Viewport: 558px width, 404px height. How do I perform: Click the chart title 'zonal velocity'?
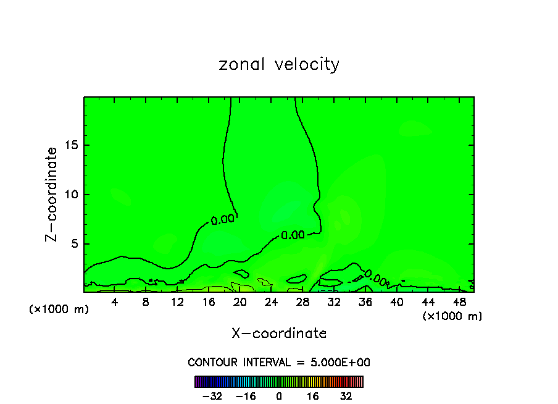click(279, 64)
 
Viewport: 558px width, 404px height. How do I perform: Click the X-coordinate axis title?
click(279, 333)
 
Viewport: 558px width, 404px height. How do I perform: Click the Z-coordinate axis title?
click(52, 194)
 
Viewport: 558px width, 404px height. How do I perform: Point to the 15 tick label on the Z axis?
click(71, 145)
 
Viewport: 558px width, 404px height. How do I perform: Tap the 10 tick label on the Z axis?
click(71, 195)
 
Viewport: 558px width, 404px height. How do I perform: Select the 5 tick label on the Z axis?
click(74, 244)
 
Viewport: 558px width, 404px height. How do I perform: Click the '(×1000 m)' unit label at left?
click(59, 309)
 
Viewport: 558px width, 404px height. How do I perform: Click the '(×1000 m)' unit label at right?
click(452, 316)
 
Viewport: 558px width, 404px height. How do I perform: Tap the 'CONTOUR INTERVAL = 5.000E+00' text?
click(279, 362)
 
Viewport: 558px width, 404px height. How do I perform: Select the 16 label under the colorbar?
click(313, 396)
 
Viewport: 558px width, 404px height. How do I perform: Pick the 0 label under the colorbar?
click(279, 396)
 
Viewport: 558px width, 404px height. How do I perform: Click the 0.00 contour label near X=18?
click(222, 219)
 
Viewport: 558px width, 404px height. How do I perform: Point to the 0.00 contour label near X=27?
click(293, 235)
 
